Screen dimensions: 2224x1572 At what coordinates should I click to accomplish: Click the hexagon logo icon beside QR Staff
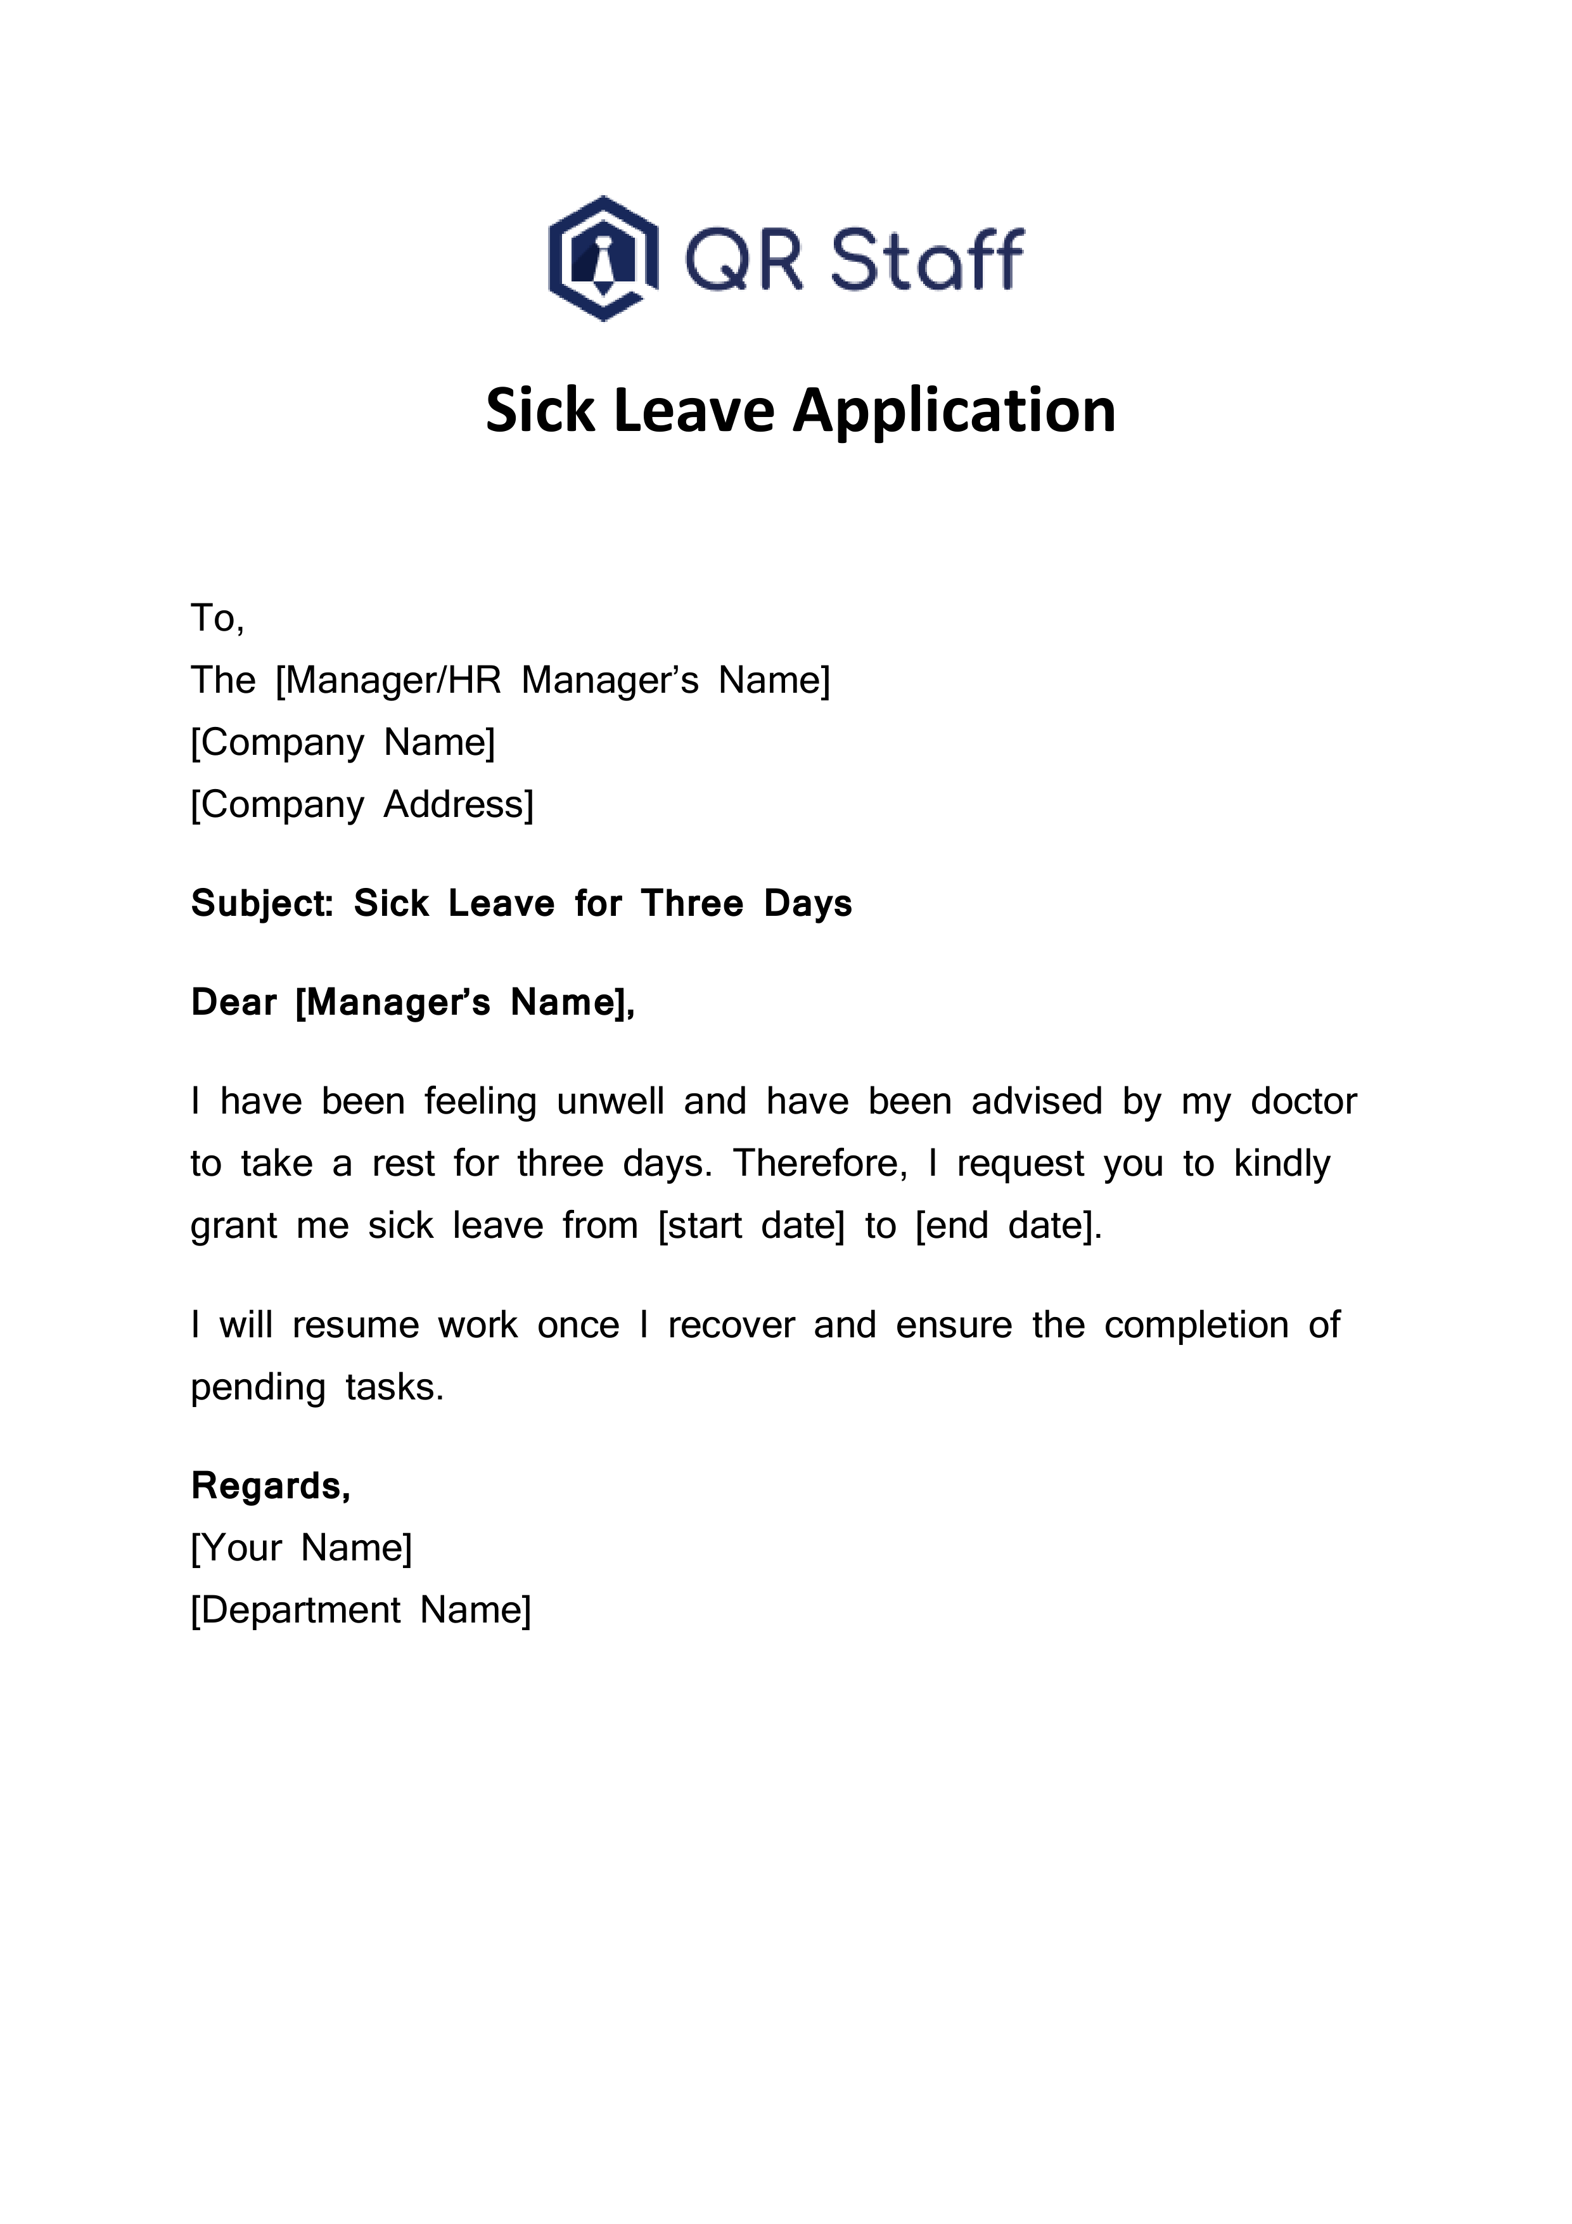[603, 259]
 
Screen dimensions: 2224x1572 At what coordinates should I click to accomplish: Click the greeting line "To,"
[217, 618]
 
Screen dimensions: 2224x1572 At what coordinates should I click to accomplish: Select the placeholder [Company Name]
[343, 743]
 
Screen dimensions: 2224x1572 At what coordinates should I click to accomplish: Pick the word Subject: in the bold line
[262, 904]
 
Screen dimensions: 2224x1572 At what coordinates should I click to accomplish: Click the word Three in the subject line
[691, 904]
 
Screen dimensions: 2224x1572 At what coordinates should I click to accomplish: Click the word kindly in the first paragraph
[1281, 1164]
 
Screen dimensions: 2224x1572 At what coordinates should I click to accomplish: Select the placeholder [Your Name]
[301, 1548]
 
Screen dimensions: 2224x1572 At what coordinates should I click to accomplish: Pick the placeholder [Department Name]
[361, 1610]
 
